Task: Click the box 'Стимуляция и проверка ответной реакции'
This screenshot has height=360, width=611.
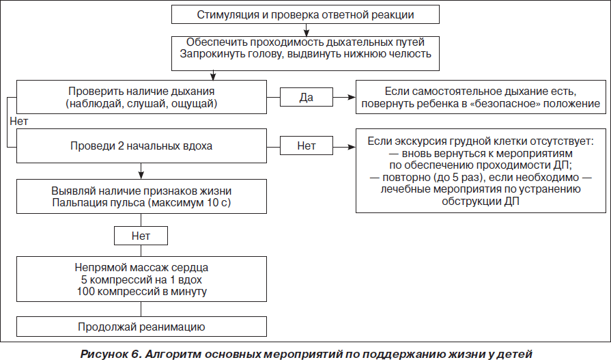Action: click(x=306, y=14)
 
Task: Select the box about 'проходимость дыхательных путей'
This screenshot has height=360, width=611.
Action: click(x=306, y=53)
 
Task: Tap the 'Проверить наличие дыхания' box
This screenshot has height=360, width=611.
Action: click(x=141, y=97)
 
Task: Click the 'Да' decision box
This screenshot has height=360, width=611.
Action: click(x=307, y=97)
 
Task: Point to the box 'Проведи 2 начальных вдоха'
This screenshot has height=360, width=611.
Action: click(x=141, y=146)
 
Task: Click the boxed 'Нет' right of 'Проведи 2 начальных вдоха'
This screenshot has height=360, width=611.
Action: click(x=307, y=146)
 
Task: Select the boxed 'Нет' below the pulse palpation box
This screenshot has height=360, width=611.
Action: click(x=141, y=236)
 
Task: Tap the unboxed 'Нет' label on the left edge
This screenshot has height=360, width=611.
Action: click(x=18, y=122)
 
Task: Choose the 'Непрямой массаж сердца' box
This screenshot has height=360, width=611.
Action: click(x=141, y=279)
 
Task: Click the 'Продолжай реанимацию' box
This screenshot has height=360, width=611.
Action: click(x=141, y=327)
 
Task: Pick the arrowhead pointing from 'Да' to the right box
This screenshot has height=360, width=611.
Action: click(x=352, y=97)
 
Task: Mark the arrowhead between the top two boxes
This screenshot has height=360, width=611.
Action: click(x=307, y=32)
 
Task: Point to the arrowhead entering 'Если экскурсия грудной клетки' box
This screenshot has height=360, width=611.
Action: click(x=352, y=147)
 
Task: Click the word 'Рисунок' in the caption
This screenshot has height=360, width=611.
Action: click(x=104, y=354)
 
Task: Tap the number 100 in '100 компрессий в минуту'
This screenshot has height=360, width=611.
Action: click(x=86, y=292)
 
